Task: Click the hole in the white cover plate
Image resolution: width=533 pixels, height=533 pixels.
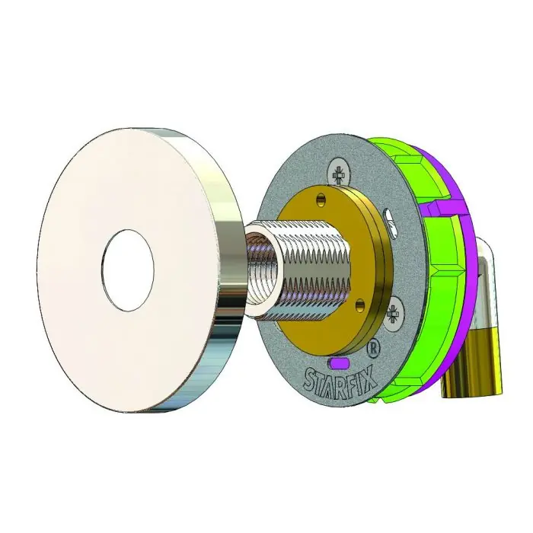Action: pos(128,270)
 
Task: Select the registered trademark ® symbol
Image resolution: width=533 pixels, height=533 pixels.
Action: pos(373,349)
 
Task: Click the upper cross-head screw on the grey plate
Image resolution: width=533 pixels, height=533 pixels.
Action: pos(339,175)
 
